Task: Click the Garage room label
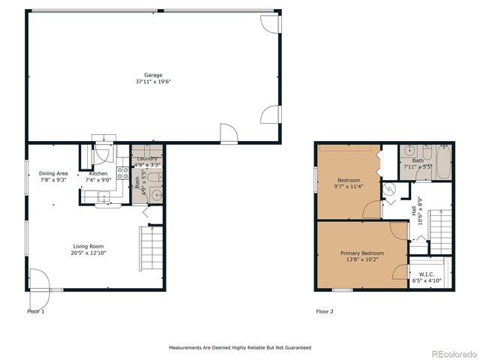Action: click(153, 75)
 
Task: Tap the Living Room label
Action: click(88, 246)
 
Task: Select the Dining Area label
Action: click(53, 173)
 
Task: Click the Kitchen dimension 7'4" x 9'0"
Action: click(98, 180)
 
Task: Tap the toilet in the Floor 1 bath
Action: click(153, 178)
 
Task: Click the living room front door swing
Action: click(39, 280)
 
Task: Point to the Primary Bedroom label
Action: click(361, 253)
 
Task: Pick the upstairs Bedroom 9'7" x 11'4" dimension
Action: click(348, 187)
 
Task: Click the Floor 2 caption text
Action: click(324, 311)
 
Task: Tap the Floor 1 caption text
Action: click(36, 311)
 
